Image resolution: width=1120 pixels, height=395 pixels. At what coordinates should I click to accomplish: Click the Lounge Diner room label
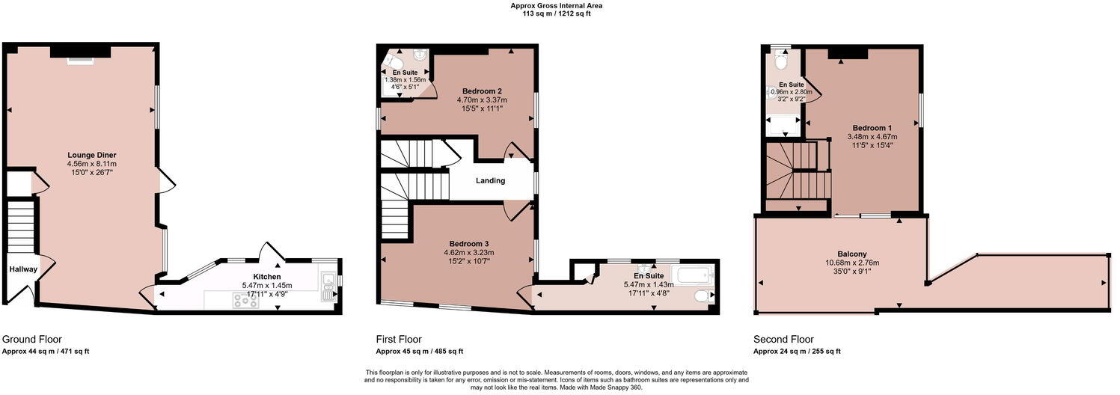pos(91,155)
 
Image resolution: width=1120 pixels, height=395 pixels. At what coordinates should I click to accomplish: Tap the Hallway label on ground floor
pos(23,269)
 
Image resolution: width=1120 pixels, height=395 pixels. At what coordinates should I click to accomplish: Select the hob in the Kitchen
pos(245,301)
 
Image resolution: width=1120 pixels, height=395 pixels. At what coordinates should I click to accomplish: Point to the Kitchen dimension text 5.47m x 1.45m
pos(266,285)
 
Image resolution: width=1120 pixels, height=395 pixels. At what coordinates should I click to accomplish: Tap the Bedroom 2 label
pos(482,91)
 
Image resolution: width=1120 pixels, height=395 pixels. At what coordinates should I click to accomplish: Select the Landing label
pos(490,180)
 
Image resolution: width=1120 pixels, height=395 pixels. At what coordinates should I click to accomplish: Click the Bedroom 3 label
pos(469,244)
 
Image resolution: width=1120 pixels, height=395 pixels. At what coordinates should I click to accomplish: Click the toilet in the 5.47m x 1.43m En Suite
pos(701,297)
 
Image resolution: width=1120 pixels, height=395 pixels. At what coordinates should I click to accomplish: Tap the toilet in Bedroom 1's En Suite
pos(780,60)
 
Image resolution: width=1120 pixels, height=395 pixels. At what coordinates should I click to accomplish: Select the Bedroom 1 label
pos(872,128)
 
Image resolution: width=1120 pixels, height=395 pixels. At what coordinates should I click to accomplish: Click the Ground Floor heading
pos(32,339)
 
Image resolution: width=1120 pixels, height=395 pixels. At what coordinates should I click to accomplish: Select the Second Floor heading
pos(783,339)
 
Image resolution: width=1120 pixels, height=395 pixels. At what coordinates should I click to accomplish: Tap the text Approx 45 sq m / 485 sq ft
pos(419,351)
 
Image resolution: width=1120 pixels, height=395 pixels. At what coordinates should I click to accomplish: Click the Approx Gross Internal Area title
pos(556,5)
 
